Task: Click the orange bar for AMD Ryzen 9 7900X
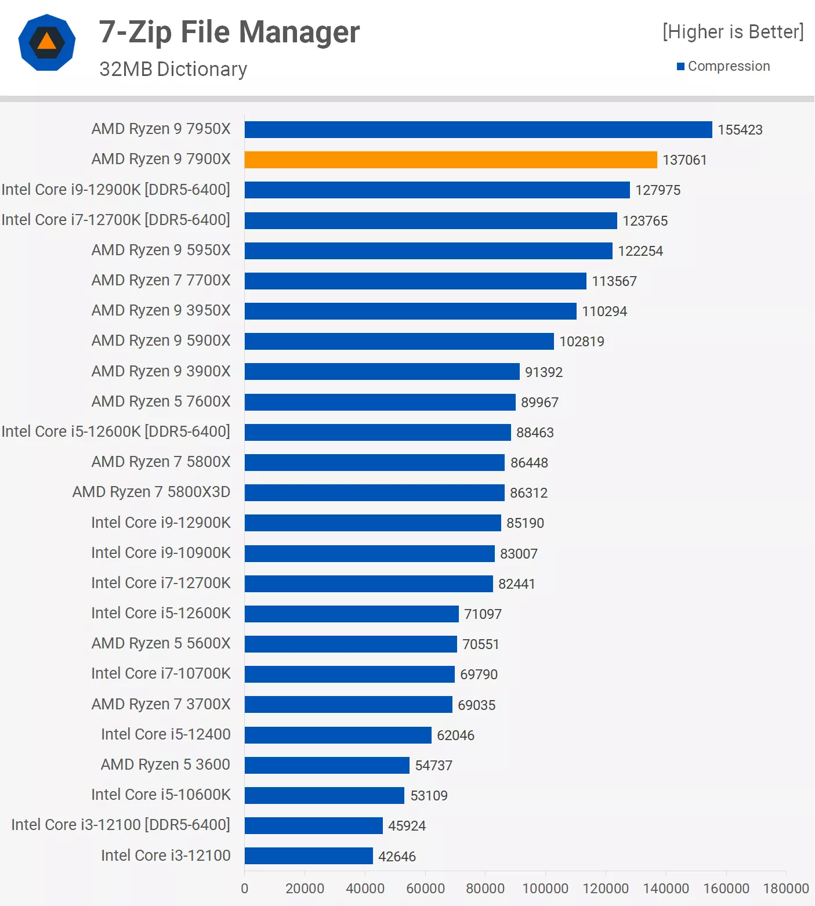pyautogui.click(x=451, y=160)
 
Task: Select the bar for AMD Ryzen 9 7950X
pyautogui.click(x=478, y=129)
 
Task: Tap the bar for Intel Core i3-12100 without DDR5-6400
pyautogui.click(x=309, y=856)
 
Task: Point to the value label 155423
pyautogui.click(x=740, y=130)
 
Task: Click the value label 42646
pyautogui.click(x=397, y=856)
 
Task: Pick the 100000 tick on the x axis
pyautogui.click(x=545, y=888)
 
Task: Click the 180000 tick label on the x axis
pyautogui.click(x=785, y=888)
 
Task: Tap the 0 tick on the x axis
pyautogui.click(x=245, y=888)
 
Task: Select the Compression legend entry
pyautogui.click(x=723, y=66)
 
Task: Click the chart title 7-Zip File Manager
pyautogui.click(x=229, y=32)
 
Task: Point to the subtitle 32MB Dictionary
pyautogui.click(x=173, y=69)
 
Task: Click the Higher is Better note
pyautogui.click(x=733, y=32)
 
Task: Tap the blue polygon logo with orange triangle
pyautogui.click(x=47, y=42)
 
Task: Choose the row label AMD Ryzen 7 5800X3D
pyautogui.click(x=151, y=492)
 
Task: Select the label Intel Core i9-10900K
pyautogui.click(x=161, y=553)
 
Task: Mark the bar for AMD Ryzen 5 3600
pyautogui.click(x=327, y=765)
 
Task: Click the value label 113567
pyautogui.click(x=614, y=281)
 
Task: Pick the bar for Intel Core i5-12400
pyautogui.click(x=338, y=735)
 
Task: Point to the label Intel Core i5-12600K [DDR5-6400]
pyautogui.click(x=115, y=432)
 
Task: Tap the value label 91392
pyautogui.click(x=544, y=372)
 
